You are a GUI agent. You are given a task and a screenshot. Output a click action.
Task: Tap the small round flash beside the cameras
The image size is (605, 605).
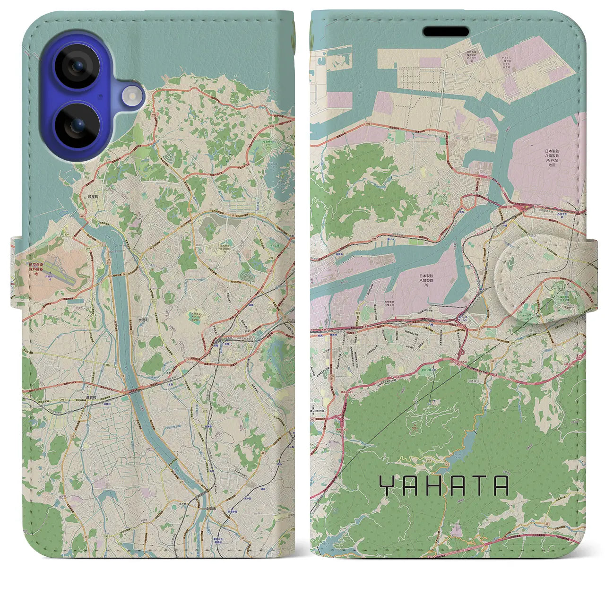(133, 96)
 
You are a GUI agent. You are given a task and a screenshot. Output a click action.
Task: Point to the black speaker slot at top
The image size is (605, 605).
(446, 32)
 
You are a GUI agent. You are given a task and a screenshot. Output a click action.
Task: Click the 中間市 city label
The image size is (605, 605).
(211, 509)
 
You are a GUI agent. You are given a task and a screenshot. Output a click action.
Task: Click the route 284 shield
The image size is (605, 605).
(88, 248)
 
